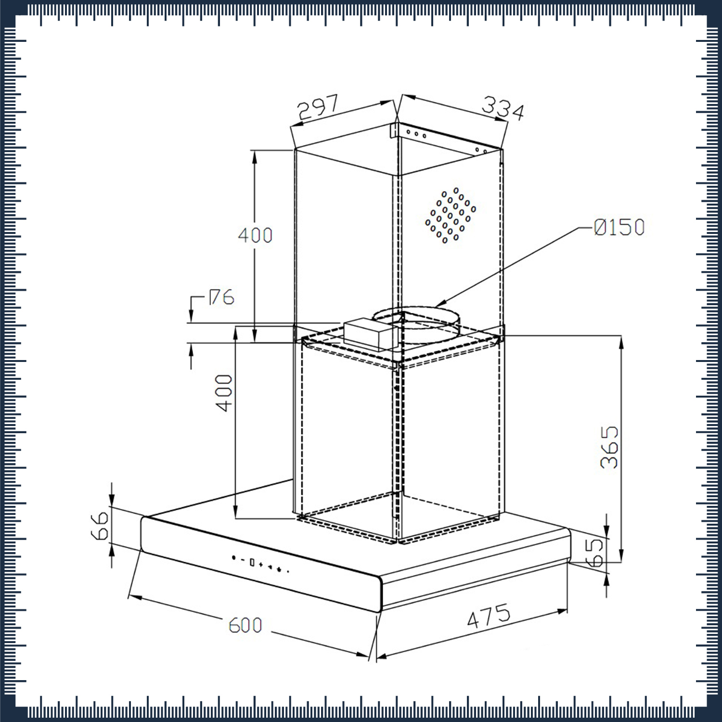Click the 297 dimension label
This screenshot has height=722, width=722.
coord(318,107)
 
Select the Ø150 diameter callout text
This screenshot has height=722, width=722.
coord(619,227)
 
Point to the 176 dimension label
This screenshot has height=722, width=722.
coord(221,297)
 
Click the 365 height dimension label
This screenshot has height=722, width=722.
coord(609,447)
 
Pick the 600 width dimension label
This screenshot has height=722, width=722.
coord(245,625)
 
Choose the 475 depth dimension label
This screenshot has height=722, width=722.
coord(489,616)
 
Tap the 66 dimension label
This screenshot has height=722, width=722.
coord(100,526)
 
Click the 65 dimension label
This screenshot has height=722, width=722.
coord(595,552)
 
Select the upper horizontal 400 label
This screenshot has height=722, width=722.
coord(256,235)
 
